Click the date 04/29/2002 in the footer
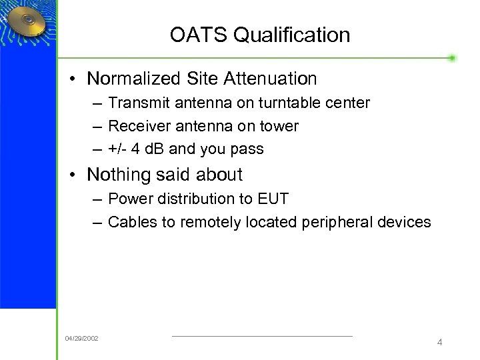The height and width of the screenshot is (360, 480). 81,339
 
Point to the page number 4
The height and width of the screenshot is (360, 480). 439,342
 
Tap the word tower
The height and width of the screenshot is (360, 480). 279,127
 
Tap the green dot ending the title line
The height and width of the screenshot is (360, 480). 452,58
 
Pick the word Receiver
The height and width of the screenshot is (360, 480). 135,127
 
